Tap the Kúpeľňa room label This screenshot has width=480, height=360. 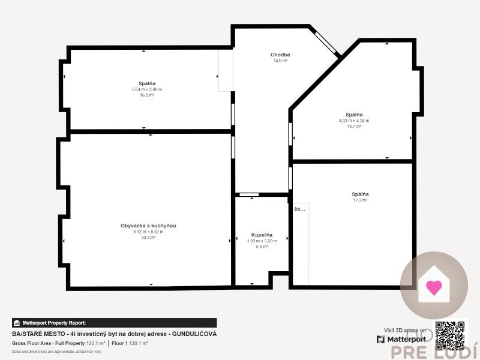tap(262, 235)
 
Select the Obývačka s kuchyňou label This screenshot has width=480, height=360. tap(148, 226)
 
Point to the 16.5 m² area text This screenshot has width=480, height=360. tap(147, 95)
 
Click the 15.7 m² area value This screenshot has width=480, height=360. tap(354, 126)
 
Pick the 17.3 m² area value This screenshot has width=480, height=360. tap(360, 200)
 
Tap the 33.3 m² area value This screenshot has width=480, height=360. tap(148, 238)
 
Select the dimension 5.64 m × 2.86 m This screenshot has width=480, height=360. tap(147, 89)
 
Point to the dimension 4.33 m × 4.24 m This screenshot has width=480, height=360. tap(354, 121)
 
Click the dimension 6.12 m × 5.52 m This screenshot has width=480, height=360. tap(148, 232)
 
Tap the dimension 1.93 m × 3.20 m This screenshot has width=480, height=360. tap(262, 241)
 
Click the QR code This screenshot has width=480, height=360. tap(450, 335)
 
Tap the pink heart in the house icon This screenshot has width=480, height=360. tap(433, 286)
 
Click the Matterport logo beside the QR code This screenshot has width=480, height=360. tap(401, 339)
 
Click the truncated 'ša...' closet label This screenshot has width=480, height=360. tap(299, 209)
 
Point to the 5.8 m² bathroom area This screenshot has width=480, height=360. tap(262, 246)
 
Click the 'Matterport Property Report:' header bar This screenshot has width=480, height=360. tap(114, 323)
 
